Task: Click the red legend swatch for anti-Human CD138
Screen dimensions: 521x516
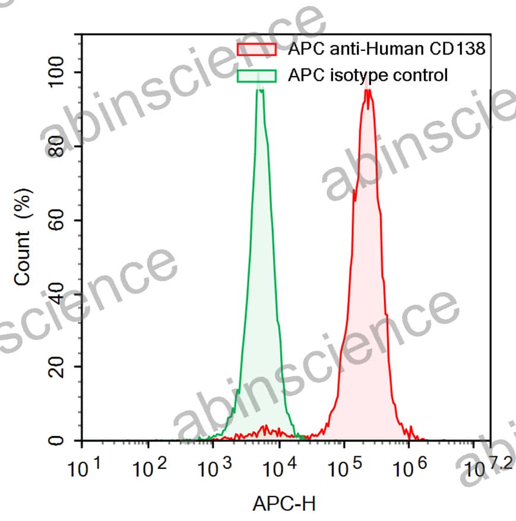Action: tap(257, 49)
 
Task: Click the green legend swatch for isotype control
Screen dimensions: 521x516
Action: tap(257, 75)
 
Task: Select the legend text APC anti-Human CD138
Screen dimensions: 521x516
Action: tap(387, 49)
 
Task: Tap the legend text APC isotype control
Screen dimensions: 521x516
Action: tap(368, 75)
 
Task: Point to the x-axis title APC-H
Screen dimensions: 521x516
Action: tap(284, 504)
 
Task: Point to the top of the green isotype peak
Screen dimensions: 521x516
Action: tap(259, 89)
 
